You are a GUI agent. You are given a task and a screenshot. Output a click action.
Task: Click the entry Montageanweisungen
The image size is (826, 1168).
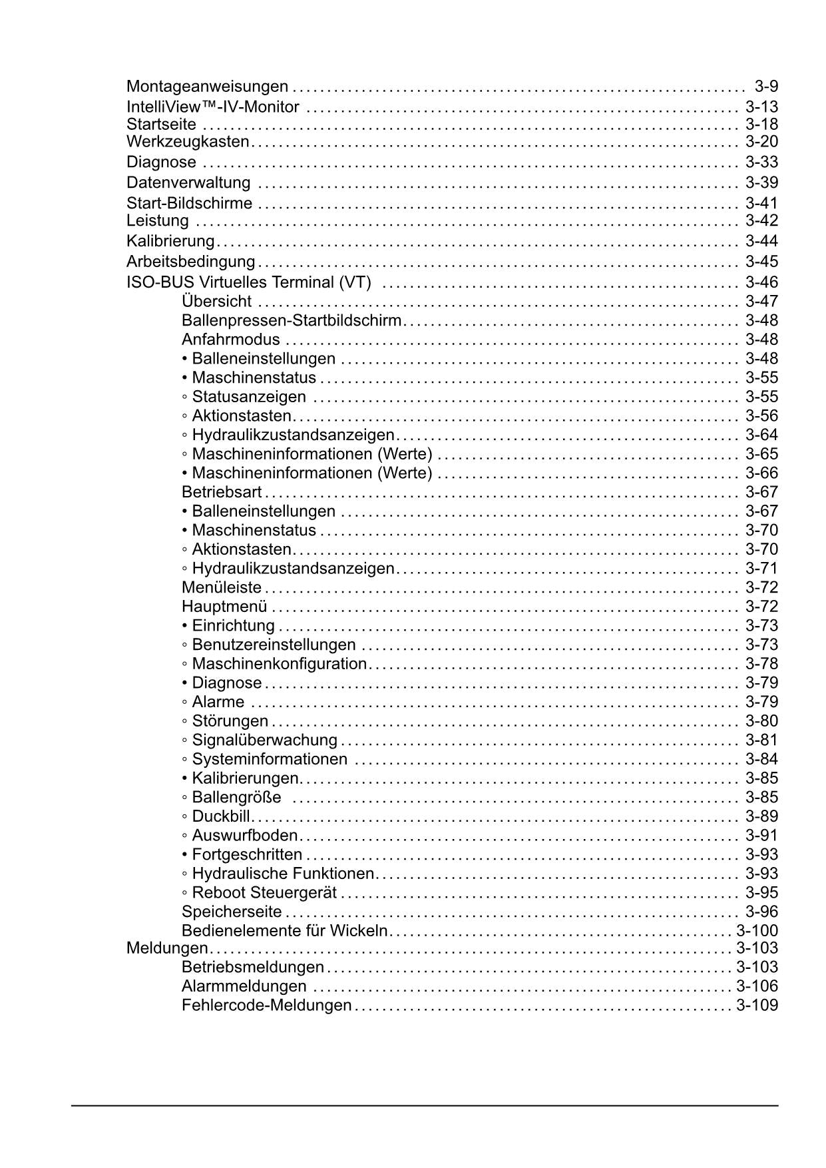(x=207, y=87)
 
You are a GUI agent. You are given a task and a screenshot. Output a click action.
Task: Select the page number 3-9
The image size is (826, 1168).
(x=765, y=87)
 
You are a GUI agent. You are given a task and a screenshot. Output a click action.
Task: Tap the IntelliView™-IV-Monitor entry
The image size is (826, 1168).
(x=213, y=107)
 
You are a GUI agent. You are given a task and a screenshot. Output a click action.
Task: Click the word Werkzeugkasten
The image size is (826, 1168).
(x=188, y=142)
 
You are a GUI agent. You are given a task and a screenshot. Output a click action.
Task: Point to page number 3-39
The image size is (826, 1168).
(x=761, y=183)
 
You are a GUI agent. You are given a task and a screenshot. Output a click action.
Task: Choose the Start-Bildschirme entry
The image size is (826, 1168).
(x=189, y=204)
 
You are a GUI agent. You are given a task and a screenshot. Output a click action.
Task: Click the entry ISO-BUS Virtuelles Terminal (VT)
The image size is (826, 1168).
(x=248, y=282)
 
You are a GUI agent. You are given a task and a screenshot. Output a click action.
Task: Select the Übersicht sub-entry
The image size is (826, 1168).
(x=216, y=302)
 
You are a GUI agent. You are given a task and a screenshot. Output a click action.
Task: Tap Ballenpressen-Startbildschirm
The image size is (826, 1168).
(x=292, y=321)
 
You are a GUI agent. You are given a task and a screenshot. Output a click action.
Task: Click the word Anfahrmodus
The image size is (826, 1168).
(x=230, y=340)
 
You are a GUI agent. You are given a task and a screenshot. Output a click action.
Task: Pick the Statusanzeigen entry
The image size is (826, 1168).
(x=248, y=397)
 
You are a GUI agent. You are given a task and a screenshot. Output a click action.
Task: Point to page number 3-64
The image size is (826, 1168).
(x=761, y=436)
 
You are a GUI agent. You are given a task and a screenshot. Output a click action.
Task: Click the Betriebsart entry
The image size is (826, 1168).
(x=222, y=493)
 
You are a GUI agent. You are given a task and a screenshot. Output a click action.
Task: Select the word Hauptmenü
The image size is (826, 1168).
(x=224, y=607)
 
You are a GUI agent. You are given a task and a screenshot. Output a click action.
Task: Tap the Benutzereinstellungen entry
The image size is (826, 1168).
(x=273, y=645)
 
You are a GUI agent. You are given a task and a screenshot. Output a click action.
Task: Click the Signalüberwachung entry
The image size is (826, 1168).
(x=264, y=740)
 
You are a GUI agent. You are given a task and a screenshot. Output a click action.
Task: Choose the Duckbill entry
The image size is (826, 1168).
(x=220, y=817)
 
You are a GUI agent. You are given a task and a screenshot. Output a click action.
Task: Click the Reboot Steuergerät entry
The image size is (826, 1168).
(x=264, y=893)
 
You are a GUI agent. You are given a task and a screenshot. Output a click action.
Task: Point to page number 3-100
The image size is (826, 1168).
(x=757, y=932)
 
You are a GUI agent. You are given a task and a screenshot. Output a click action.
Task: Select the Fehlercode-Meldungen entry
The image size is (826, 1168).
(x=266, y=1006)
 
